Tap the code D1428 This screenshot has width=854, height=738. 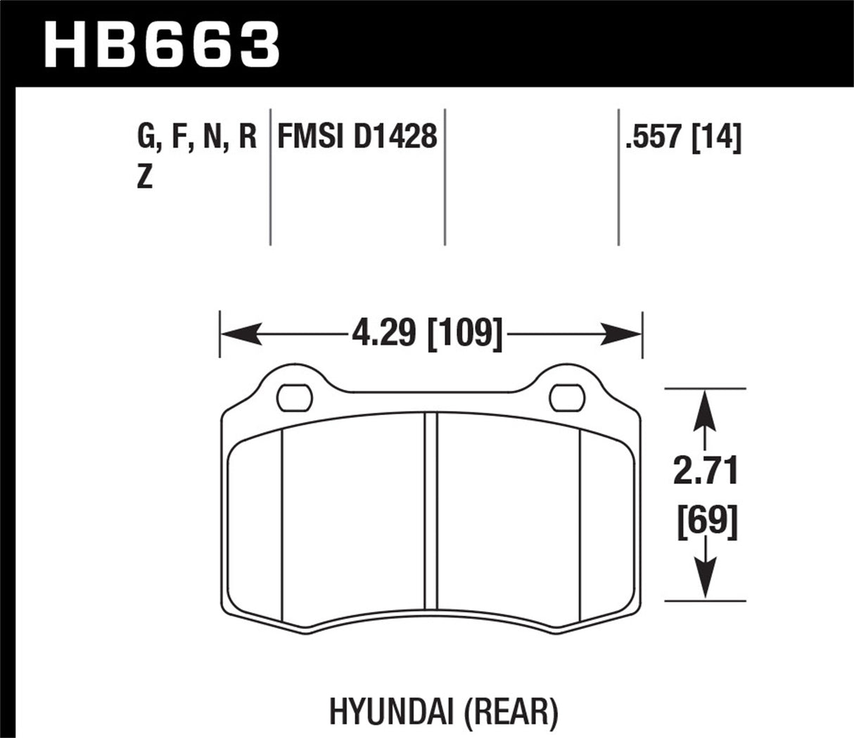point(395,136)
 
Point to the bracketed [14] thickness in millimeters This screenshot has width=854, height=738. point(717,136)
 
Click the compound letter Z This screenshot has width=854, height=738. point(144,177)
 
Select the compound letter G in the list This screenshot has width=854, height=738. point(146,136)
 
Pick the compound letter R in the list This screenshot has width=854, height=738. point(248,136)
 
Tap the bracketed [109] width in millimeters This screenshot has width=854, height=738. point(465,331)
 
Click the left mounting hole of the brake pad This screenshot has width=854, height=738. point(294,397)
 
